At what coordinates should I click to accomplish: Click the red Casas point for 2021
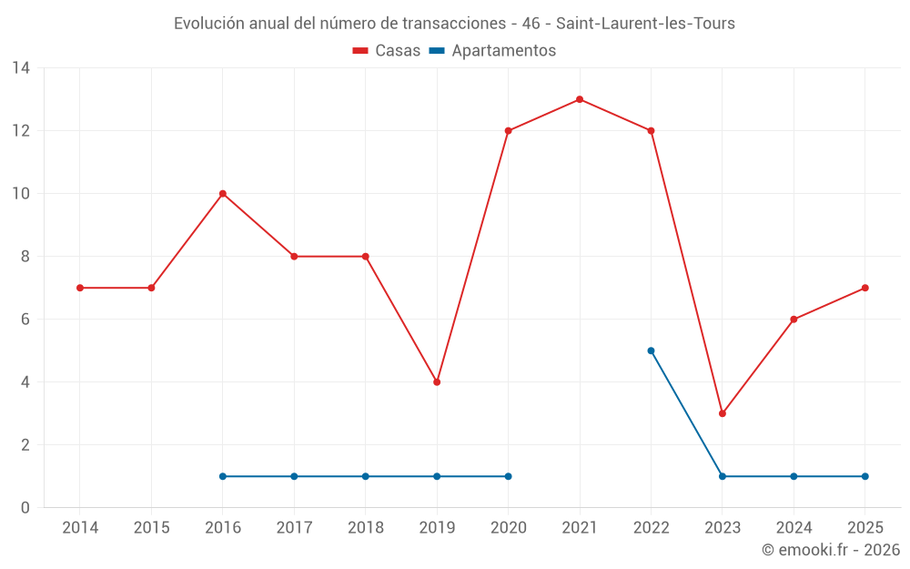click(580, 99)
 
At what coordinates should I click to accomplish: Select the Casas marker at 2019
click(437, 382)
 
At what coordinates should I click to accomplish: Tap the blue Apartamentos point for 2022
click(651, 351)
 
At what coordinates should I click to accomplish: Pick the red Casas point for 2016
click(223, 194)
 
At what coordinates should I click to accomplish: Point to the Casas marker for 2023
click(723, 413)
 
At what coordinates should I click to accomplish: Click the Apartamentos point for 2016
click(223, 476)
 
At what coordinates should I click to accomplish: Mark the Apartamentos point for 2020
click(508, 476)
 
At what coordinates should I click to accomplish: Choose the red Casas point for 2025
click(864, 288)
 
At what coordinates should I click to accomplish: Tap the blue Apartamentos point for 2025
click(864, 476)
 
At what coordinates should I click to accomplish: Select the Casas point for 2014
click(80, 288)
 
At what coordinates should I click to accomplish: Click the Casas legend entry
click(387, 51)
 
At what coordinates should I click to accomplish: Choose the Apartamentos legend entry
click(492, 51)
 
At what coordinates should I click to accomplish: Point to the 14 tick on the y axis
click(21, 68)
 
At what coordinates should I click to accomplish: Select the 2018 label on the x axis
click(366, 528)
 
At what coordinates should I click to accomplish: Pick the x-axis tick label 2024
click(794, 528)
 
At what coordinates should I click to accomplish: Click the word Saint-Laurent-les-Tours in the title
click(645, 24)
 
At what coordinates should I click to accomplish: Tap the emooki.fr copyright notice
click(830, 550)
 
